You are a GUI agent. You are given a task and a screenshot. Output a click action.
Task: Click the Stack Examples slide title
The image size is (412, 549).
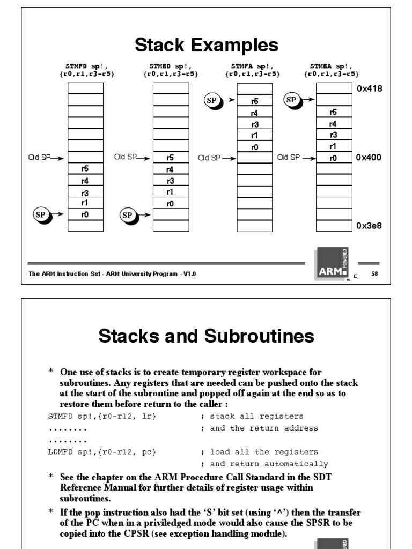(x=207, y=45)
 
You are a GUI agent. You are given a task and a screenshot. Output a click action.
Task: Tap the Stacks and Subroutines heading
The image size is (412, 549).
(x=207, y=336)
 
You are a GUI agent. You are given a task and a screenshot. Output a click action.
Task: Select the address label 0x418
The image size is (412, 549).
(x=369, y=89)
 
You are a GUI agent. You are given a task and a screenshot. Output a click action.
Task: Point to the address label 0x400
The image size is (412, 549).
(x=369, y=158)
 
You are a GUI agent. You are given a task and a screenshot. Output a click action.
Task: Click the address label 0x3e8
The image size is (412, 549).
(x=369, y=226)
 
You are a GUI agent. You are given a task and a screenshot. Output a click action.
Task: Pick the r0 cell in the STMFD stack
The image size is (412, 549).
(x=85, y=214)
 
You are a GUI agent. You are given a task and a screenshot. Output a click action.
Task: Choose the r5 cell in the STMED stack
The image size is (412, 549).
(x=170, y=158)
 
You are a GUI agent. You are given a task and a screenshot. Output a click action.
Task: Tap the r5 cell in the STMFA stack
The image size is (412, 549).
(x=254, y=101)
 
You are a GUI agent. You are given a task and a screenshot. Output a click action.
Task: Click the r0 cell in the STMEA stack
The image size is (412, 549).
(x=333, y=158)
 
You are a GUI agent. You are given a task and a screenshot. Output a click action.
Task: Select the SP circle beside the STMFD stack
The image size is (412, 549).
(x=40, y=214)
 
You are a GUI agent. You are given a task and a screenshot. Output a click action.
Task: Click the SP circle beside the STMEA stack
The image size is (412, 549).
(x=292, y=100)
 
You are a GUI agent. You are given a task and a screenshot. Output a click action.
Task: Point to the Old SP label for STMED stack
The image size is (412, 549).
(x=126, y=158)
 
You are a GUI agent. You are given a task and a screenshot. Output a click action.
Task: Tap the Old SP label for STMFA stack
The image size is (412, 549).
(x=209, y=158)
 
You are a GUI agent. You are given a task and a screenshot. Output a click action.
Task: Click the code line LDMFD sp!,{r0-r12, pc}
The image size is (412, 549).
(x=102, y=452)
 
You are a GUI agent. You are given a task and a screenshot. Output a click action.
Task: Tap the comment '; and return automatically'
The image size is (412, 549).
(x=264, y=464)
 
